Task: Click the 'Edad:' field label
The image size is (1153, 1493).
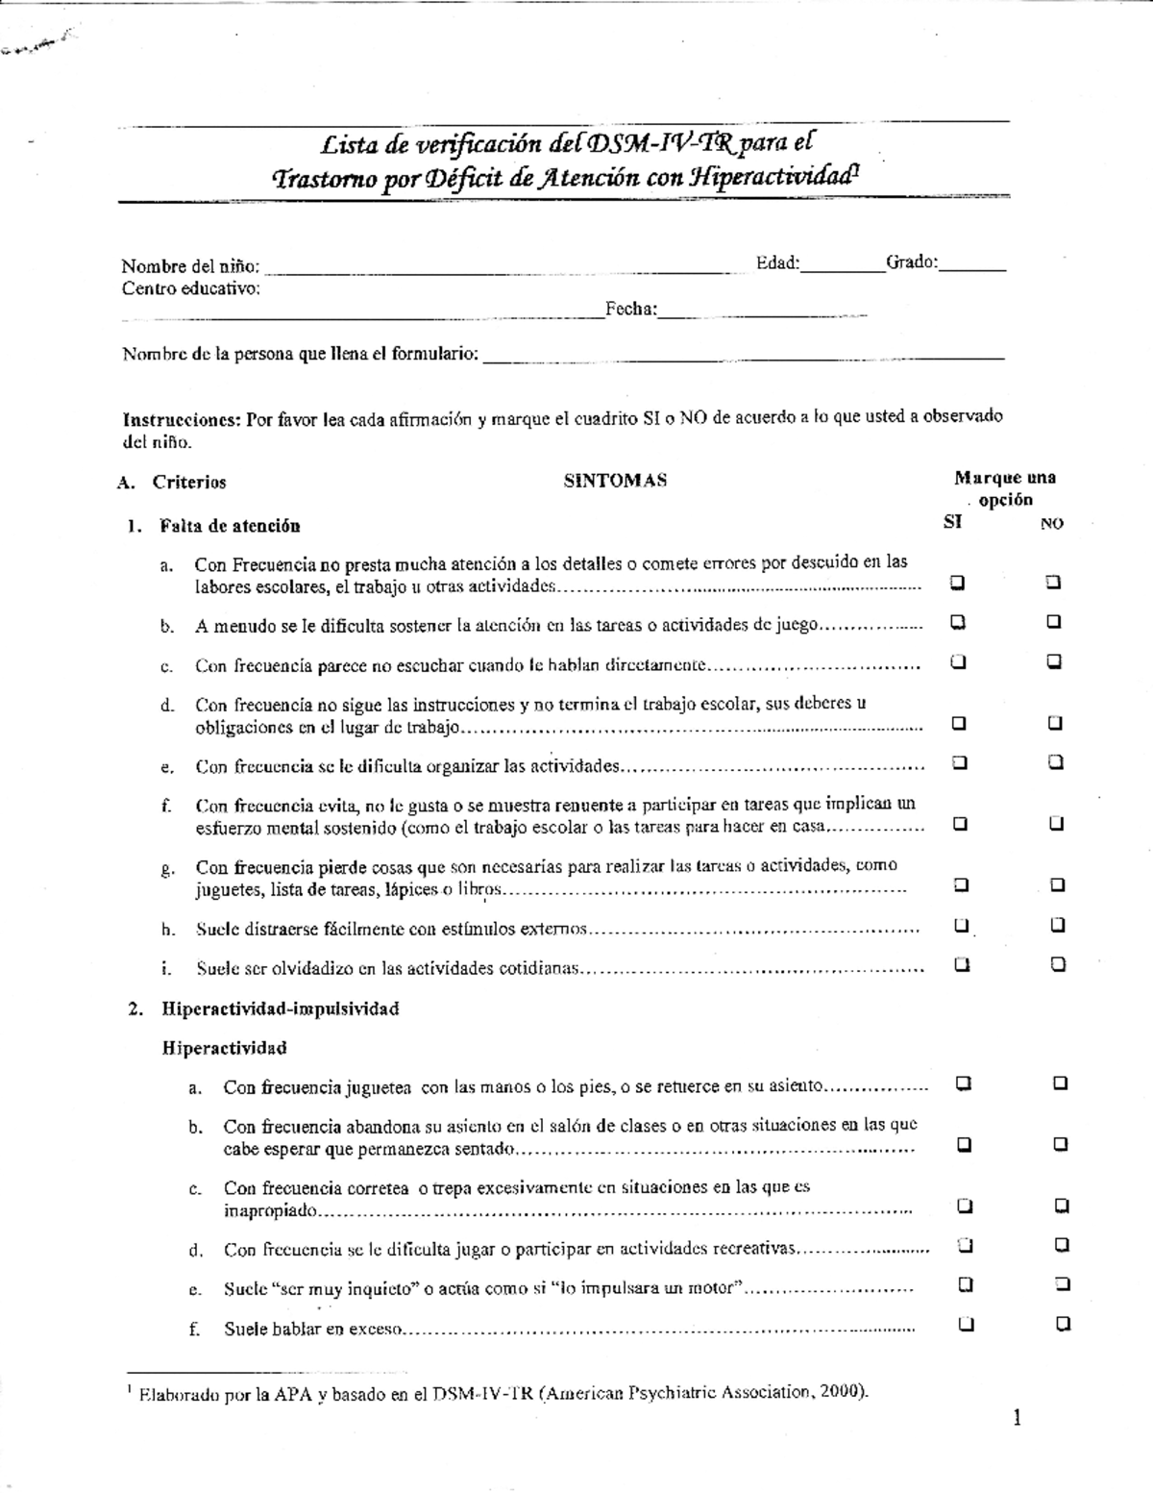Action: (777, 262)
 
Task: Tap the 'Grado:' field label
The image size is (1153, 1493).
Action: (911, 262)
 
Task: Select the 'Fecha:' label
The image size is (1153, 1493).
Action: (631, 310)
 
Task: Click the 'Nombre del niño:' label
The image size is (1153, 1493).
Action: (190, 266)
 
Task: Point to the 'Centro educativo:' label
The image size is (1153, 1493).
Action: (190, 288)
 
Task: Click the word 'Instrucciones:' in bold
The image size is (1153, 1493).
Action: (182, 418)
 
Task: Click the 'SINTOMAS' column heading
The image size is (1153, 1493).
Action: (615, 482)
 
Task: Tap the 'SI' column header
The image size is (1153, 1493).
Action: (952, 523)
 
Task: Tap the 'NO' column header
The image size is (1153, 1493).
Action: (1052, 524)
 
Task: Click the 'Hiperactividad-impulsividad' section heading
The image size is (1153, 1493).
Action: (280, 1008)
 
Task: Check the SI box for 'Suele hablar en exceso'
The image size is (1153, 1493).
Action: (966, 1324)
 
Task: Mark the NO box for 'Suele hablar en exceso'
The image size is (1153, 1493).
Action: (1063, 1324)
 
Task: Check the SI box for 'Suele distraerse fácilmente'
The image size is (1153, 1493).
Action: (961, 926)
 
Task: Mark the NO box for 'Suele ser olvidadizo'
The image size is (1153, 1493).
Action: (1058, 964)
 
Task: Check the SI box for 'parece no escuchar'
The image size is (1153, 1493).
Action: (958, 661)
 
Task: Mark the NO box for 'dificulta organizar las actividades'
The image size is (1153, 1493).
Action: (1056, 762)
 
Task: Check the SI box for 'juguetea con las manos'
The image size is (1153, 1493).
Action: (963, 1083)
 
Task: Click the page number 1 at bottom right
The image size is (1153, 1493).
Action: (1017, 1419)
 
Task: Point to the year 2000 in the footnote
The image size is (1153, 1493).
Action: (843, 1392)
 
